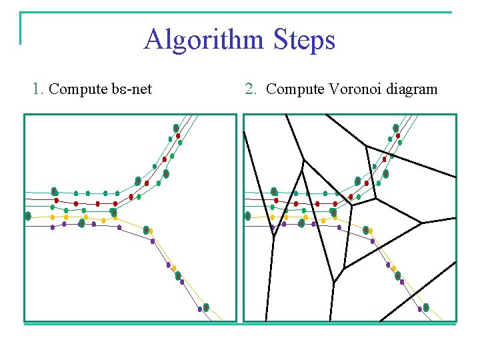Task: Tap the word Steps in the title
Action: click(303, 40)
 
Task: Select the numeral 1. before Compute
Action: click(39, 88)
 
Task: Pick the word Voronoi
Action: click(354, 88)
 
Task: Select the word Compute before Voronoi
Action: click(295, 88)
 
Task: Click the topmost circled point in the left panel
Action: click(176, 128)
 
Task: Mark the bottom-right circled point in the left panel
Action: click(206, 307)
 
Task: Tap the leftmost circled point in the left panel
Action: click(28, 216)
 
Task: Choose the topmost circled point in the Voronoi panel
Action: click(396, 128)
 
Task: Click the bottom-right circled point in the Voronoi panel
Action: click(426, 307)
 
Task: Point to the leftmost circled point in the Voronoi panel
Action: click(248, 216)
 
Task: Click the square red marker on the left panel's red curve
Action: click(97, 203)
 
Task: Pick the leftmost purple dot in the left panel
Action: click(53, 227)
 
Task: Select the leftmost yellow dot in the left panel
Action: click(53, 217)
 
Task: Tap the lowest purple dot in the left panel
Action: click(199, 309)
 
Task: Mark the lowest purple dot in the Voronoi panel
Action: click(419, 309)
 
